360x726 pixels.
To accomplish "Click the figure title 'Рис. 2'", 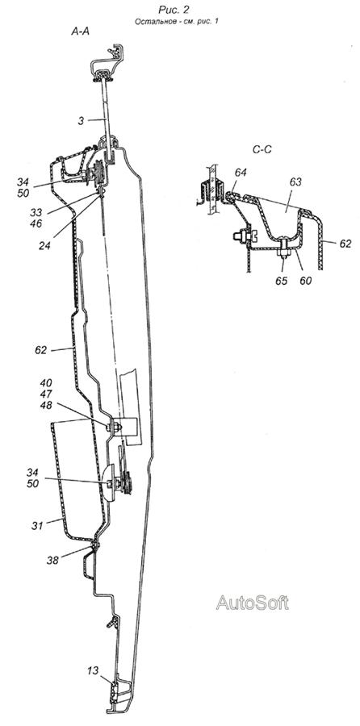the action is click(174, 9).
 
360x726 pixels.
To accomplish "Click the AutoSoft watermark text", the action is click(252, 603).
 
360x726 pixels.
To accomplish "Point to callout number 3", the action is click(81, 120).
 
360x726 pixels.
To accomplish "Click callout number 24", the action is click(45, 246).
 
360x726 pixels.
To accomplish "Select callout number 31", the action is click(37, 525).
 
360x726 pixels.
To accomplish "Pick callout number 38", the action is click(52, 561).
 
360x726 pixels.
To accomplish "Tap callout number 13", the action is click(93, 670).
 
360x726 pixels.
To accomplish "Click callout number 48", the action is click(46, 405).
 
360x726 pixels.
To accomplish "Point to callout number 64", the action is click(241, 173).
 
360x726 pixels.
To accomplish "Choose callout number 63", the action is click(295, 182).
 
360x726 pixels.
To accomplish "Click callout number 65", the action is click(282, 281).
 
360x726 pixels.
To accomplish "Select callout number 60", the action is click(305, 281).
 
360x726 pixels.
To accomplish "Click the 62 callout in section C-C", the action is click(345, 244).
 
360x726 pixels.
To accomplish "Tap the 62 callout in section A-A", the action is click(41, 350).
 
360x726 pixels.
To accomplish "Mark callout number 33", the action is click(36, 212).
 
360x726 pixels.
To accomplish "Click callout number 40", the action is click(46, 383).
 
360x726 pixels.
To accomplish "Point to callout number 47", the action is click(46, 394).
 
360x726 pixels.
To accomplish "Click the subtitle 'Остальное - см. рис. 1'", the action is click(176, 21).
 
